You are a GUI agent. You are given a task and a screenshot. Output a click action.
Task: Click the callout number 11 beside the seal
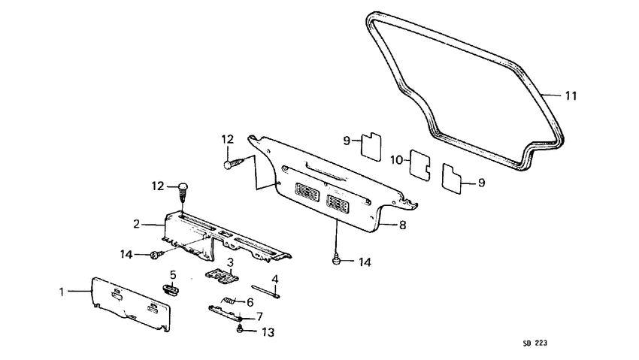click(571, 95)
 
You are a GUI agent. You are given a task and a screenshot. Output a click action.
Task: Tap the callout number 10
click(396, 160)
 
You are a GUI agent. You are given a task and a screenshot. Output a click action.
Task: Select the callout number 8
click(403, 225)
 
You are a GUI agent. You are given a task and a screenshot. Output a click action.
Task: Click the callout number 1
click(62, 292)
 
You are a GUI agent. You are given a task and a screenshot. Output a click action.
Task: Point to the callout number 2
click(137, 224)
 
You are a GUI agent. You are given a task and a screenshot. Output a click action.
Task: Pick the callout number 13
click(268, 332)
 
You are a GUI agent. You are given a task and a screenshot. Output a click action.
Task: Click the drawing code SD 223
click(535, 343)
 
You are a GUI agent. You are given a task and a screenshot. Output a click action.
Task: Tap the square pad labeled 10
click(420, 165)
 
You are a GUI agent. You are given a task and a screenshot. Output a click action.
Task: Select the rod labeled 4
click(266, 292)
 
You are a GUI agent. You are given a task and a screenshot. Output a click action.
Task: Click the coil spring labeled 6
click(229, 301)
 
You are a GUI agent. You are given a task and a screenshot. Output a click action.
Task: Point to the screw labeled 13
click(240, 328)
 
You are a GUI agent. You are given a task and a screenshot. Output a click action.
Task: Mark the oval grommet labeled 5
click(172, 289)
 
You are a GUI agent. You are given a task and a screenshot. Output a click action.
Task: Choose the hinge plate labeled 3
click(222, 276)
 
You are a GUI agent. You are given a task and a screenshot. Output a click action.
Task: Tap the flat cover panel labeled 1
click(131, 304)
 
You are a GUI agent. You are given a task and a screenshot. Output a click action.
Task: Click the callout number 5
click(173, 274)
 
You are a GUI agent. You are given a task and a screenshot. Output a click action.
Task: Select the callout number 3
click(230, 262)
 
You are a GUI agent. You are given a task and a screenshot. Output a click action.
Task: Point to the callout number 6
click(250, 302)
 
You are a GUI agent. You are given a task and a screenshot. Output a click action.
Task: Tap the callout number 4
click(275, 280)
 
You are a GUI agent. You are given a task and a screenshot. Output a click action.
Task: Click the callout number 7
click(259, 316)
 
